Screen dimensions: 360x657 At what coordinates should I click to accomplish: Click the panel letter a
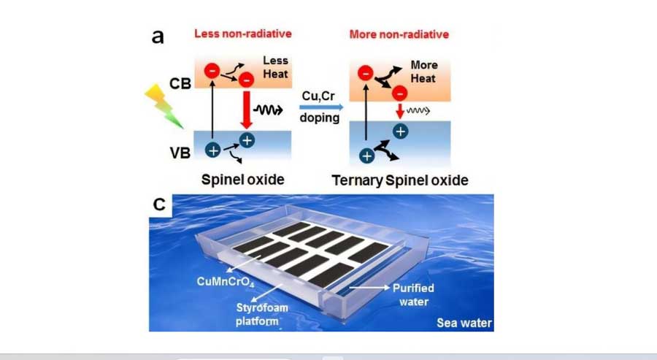click(x=158, y=37)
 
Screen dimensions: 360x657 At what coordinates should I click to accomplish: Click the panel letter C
click(x=159, y=205)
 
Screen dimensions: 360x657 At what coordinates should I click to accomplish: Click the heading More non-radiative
click(x=399, y=34)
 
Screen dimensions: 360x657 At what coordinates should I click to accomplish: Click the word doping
click(x=320, y=118)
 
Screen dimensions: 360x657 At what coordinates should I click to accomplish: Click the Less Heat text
click(x=275, y=66)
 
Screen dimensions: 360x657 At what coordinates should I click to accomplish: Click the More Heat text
click(x=424, y=71)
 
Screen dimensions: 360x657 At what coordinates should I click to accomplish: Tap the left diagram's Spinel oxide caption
click(x=243, y=179)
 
